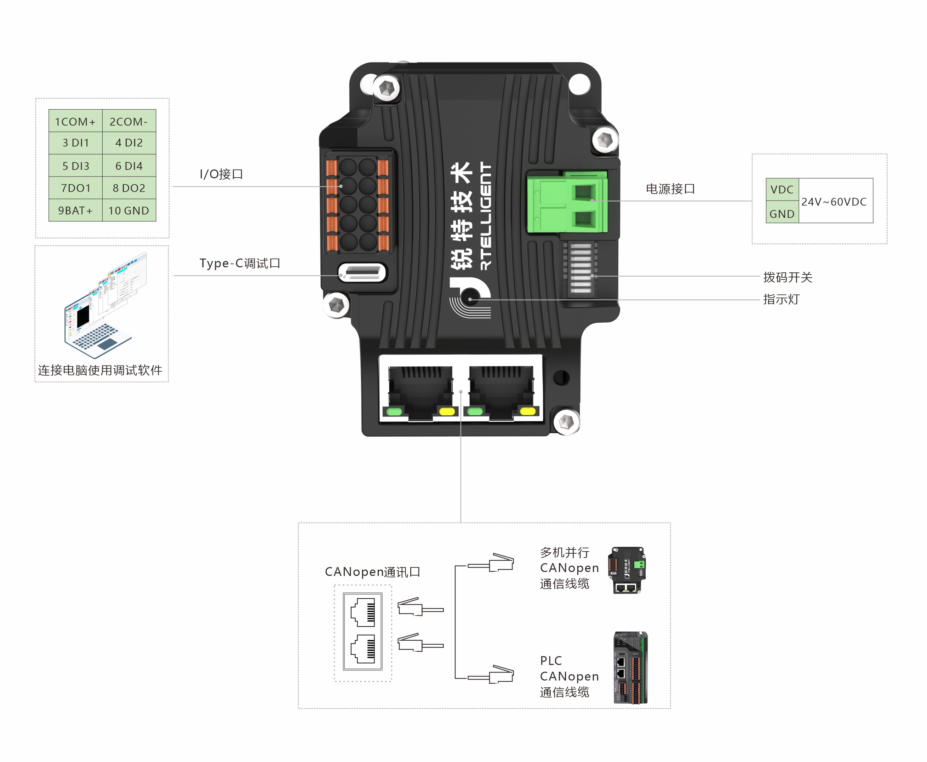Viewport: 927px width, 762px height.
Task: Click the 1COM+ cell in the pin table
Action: point(75,121)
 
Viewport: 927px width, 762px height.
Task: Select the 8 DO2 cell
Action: point(129,188)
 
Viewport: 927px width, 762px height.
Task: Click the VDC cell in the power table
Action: point(782,190)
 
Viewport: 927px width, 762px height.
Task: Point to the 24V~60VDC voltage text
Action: point(834,202)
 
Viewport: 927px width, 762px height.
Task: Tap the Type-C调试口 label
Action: point(240,263)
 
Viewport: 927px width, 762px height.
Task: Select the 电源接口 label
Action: point(670,189)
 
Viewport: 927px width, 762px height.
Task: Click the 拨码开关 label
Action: point(788,277)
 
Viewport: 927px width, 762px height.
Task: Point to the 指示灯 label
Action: point(781,299)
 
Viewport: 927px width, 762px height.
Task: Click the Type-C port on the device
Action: point(362,273)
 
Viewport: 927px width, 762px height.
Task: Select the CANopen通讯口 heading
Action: point(372,572)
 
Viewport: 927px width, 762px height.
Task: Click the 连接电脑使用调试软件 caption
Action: point(100,370)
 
